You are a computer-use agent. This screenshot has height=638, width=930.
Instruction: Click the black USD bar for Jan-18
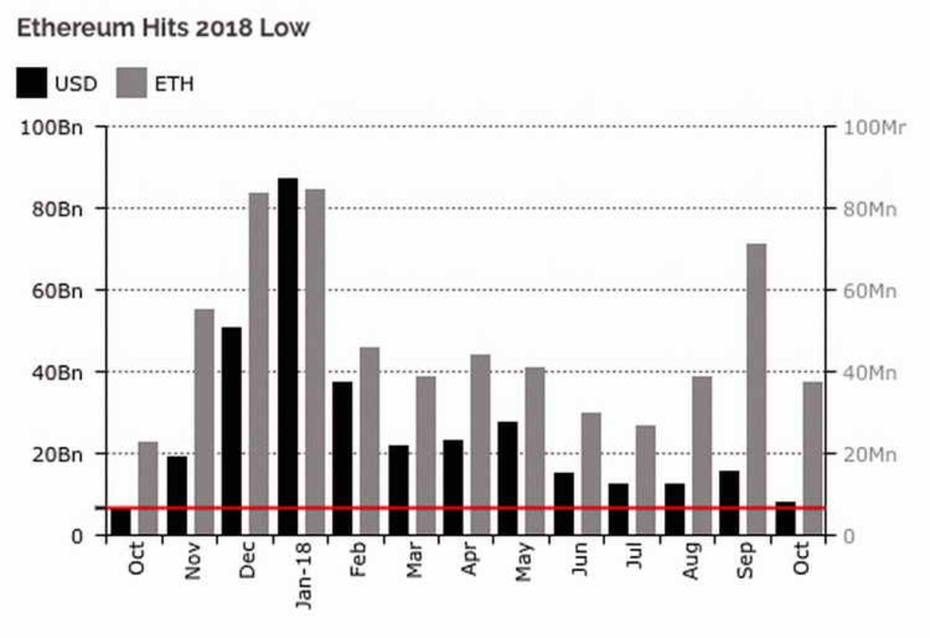pyautogui.click(x=288, y=357)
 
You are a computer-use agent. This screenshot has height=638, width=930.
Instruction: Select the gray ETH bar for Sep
pyautogui.click(x=756, y=389)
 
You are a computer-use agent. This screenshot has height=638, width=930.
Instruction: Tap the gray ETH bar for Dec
pyautogui.click(x=259, y=364)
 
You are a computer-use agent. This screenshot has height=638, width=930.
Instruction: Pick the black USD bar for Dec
pyautogui.click(x=232, y=431)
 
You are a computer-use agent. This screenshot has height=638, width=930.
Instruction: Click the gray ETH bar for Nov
pyautogui.click(x=204, y=422)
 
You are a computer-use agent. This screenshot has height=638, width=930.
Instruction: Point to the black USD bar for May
pyautogui.click(x=508, y=478)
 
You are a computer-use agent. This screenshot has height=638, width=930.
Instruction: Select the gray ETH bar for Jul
pyautogui.click(x=646, y=480)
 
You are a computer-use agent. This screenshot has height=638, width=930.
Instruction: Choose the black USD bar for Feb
pyautogui.click(x=342, y=459)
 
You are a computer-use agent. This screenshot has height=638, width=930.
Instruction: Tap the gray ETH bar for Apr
pyautogui.click(x=480, y=445)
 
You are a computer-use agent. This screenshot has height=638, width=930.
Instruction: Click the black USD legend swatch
pyautogui.click(x=31, y=83)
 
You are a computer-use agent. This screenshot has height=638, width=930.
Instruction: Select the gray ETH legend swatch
pyautogui.click(x=132, y=83)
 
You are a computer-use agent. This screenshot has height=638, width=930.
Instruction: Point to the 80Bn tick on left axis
pyautogui.click(x=101, y=208)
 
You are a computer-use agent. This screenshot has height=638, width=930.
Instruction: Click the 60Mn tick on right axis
pyautogui.click(x=831, y=290)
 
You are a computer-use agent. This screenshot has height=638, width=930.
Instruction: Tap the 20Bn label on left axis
pyautogui.click(x=58, y=455)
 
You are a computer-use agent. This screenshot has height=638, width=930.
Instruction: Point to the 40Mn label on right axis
pyautogui.click(x=870, y=373)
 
